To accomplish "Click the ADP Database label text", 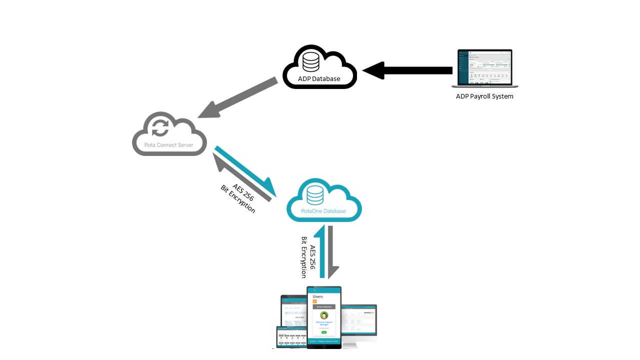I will pos(319,78).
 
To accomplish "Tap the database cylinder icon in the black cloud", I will pos(311,61).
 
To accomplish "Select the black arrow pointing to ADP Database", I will pos(407,70).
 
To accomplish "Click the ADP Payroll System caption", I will pos(484,96).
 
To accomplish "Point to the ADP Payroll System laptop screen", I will pos(485,67).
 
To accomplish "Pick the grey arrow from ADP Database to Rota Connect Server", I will pos(237,98).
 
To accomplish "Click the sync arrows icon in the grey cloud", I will pos(160,127).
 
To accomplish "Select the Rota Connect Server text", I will pos(169,145).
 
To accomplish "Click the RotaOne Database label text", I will pos(323,211).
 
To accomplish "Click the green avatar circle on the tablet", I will pos(324,315).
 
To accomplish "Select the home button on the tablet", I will pos(324,345).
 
